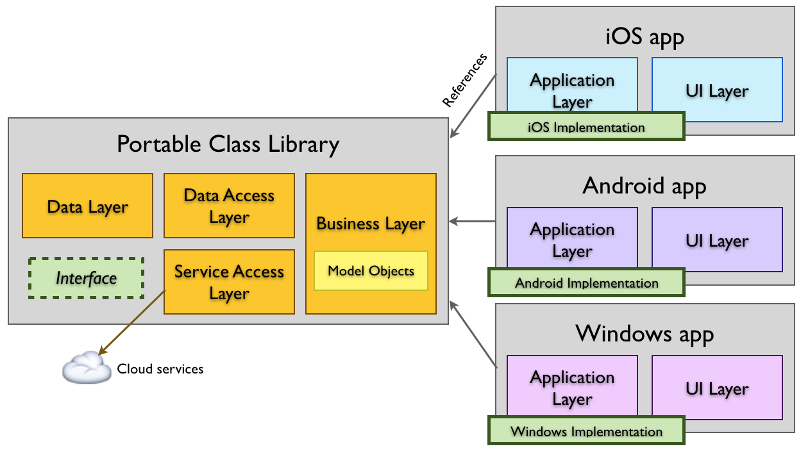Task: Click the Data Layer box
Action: [x=87, y=206]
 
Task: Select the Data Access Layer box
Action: [x=229, y=206]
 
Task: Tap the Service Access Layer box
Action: [x=229, y=282]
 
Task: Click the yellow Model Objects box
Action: [x=371, y=271]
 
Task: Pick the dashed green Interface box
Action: [x=86, y=278]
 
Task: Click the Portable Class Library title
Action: [x=228, y=144]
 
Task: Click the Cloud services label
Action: [x=160, y=369]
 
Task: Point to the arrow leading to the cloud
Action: [x=131, y=322]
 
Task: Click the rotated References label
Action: [x=465, y=81]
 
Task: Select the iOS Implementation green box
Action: [x=586, y=126]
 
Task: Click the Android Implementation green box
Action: [x=586, y=283]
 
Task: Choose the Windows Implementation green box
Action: [x=586, y=430]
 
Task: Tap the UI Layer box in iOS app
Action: [x=717, y=90]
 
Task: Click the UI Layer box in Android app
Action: [x=717, y=240]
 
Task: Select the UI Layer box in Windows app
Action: [x=717, y=388]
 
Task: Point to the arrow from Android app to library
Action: [x=472, y=222]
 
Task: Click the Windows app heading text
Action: [x=645, y=334]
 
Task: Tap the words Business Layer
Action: [x=371, y=224]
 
